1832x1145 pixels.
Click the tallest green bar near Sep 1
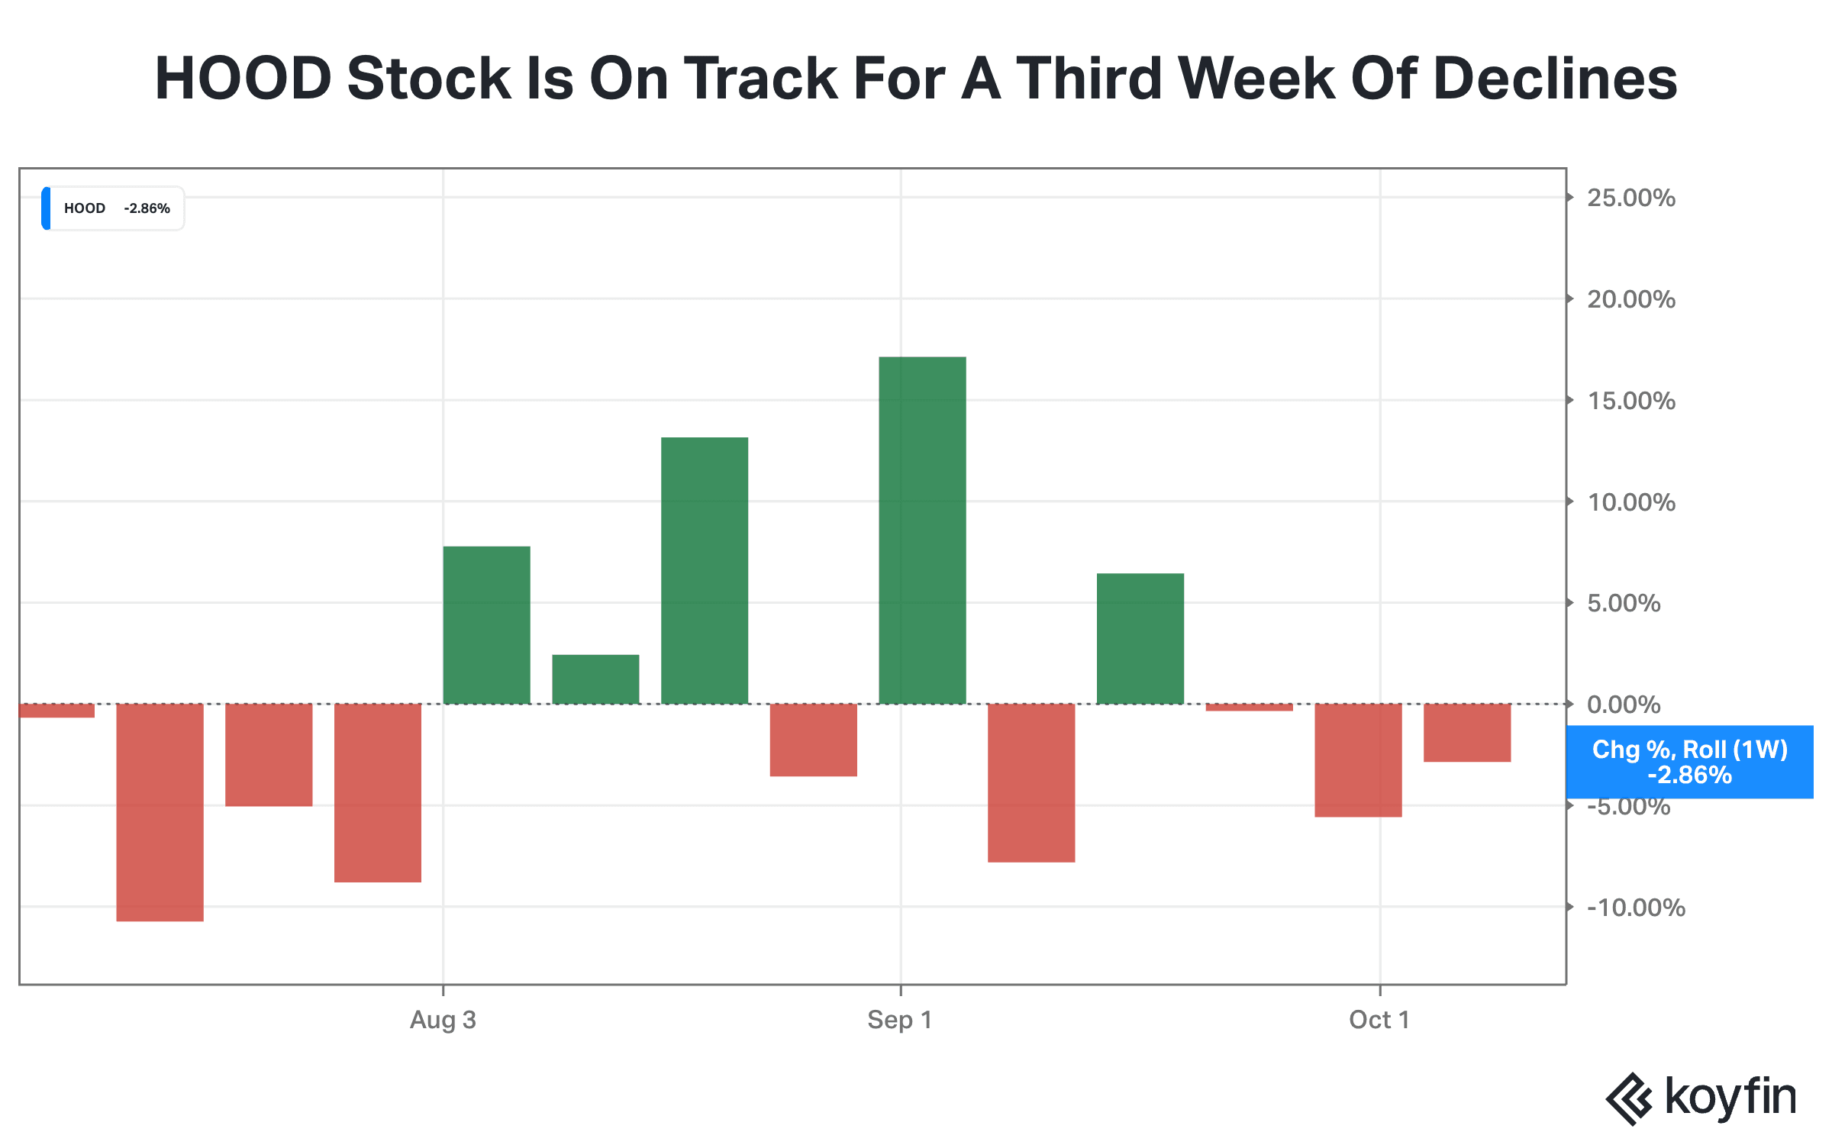(922, 531)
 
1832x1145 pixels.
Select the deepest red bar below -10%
(160, 812)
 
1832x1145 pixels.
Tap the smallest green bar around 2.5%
(595, 679)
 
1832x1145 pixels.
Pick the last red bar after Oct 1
(1467, 733)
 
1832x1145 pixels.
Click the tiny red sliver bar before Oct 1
(1250, 708)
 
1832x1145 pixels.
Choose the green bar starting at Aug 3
(486, 625)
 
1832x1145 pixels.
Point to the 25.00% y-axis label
(1631, 198)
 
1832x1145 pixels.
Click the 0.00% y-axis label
(1624, 705)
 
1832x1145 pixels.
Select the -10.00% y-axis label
(1636, 908)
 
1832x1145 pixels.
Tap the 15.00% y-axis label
(1631, 401)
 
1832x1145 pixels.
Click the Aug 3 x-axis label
(443, 1020)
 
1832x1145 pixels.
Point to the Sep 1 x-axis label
(900, 1020)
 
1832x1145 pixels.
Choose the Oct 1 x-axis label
(1379, 1020)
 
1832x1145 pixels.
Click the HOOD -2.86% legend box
(113, 208)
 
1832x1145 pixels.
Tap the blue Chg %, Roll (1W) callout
(1689, 762)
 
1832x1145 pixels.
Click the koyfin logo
(1701, 1098)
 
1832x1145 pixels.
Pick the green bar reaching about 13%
(705, 571)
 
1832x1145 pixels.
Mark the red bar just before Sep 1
(814, 740)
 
